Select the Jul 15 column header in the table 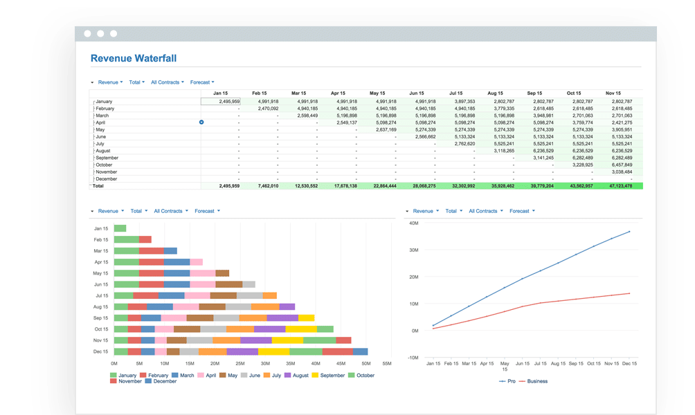(456, 93)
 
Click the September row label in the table (108, 158)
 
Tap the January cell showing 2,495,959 (221, 102)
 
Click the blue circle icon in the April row (201, 122)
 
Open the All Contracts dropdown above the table (168, 82)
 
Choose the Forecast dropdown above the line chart (521, 211)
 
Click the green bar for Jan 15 (120, 228)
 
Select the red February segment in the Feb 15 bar (145, 239)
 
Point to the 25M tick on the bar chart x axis (240, 363)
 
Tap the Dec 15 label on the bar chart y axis (101, 351)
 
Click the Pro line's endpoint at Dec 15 (629, 232)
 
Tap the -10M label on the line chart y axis (413, 358)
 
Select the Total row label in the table (98, 186)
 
